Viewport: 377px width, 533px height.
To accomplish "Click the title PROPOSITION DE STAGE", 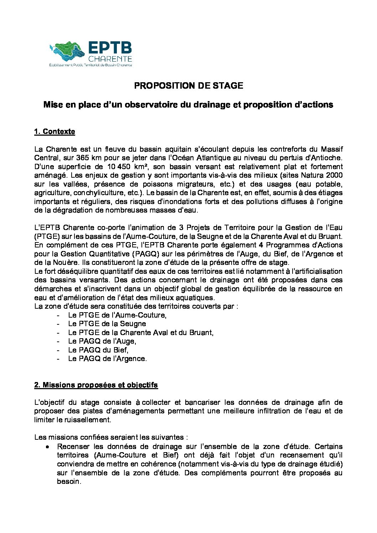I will coord(188,86).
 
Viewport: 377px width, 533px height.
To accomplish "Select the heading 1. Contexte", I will coord(55,132).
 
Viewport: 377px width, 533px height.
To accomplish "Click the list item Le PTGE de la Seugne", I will coord(107,324).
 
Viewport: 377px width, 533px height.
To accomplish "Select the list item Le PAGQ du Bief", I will coord(98,350).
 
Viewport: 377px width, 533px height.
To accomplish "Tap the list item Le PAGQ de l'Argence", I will coord(107,359).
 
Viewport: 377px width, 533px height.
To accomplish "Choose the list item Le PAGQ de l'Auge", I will coord(102,341).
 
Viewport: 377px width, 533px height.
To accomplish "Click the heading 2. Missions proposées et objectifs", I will coord(96,385).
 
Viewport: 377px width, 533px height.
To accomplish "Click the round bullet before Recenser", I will coord(47,446).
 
